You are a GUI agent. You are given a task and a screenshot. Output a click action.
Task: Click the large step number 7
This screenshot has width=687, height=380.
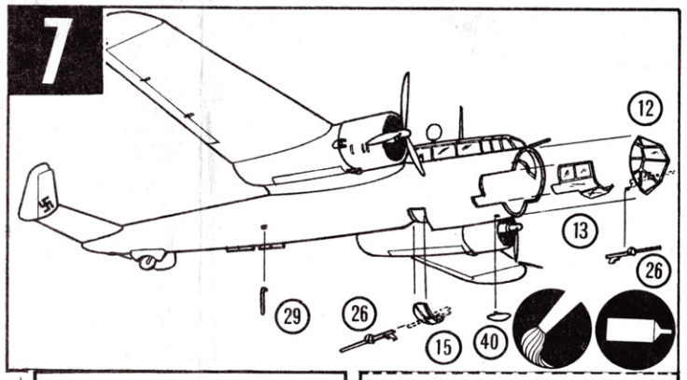pos(56,50)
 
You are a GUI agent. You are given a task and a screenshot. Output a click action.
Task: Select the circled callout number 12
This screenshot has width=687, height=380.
pos(645,108)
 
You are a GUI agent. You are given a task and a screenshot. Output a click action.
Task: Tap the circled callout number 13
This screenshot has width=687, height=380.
pos(581,231)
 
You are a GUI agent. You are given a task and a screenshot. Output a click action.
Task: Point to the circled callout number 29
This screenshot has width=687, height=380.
pos(292,316)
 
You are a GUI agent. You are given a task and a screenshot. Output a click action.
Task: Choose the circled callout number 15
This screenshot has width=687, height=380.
pos(443,346)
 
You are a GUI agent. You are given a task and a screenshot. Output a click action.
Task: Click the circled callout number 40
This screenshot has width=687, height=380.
pos(489,342)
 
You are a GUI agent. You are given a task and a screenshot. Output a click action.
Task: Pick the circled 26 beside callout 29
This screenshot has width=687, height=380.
pos(359,314)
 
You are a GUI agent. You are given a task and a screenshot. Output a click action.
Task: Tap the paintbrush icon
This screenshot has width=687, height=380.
pos(552,328)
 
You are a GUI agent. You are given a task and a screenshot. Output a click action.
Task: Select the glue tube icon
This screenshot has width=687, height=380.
pos(635,329)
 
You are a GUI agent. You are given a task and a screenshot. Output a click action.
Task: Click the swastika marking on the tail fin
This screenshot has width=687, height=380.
pos(45,204)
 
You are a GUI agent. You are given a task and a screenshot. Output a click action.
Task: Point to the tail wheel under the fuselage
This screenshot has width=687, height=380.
pos(148,261)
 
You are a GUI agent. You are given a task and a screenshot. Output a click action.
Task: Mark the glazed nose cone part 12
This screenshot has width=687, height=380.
pos(649,164)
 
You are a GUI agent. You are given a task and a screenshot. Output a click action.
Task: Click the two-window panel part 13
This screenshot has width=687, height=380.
pos(580,179)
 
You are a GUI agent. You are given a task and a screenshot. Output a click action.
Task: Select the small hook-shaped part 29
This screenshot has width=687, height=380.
pos(262,301)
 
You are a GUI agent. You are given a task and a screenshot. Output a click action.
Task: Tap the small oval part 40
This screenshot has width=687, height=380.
pos(498,315)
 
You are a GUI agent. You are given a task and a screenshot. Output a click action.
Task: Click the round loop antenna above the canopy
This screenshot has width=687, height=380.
pos(434,131)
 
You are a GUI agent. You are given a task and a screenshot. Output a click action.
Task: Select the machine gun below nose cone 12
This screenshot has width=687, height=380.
pos(634,253)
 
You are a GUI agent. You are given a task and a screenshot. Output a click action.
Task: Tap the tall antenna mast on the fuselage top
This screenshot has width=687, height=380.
pos(460,121)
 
